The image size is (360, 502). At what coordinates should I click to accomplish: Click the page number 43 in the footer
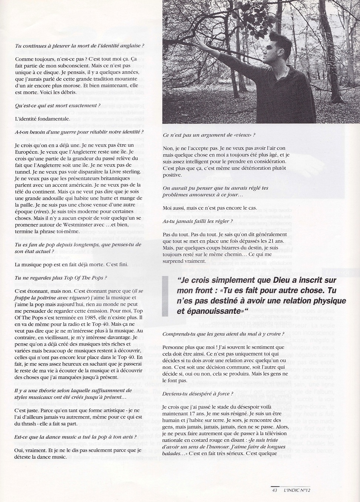click(274, 490)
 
